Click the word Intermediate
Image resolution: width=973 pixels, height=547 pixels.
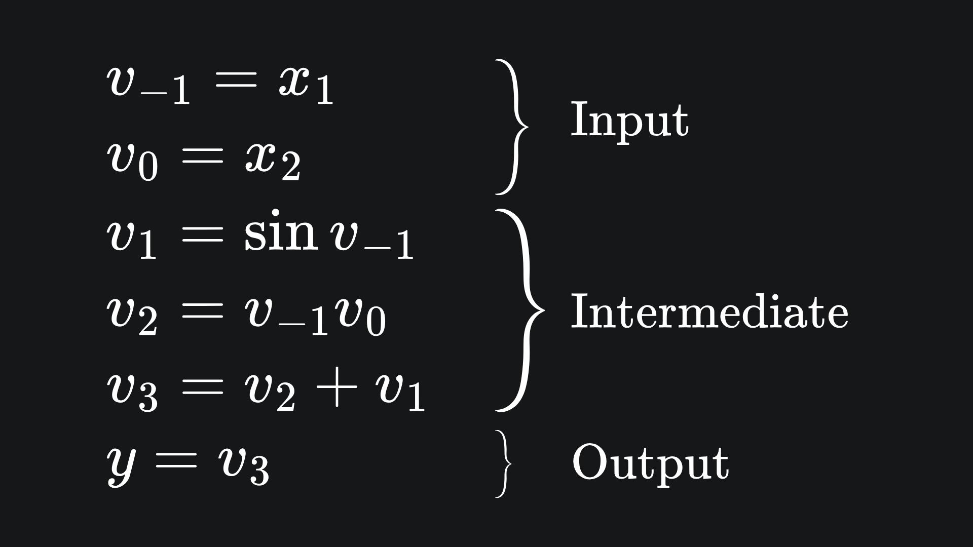(709, 311)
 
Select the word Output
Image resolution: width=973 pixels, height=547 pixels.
(650, 462)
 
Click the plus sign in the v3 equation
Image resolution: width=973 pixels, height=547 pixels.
(336, 389)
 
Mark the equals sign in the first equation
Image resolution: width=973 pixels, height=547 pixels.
(236, 81)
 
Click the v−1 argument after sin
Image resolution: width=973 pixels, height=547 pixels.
(372, 241)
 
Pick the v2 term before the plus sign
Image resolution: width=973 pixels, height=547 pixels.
(270, 393)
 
